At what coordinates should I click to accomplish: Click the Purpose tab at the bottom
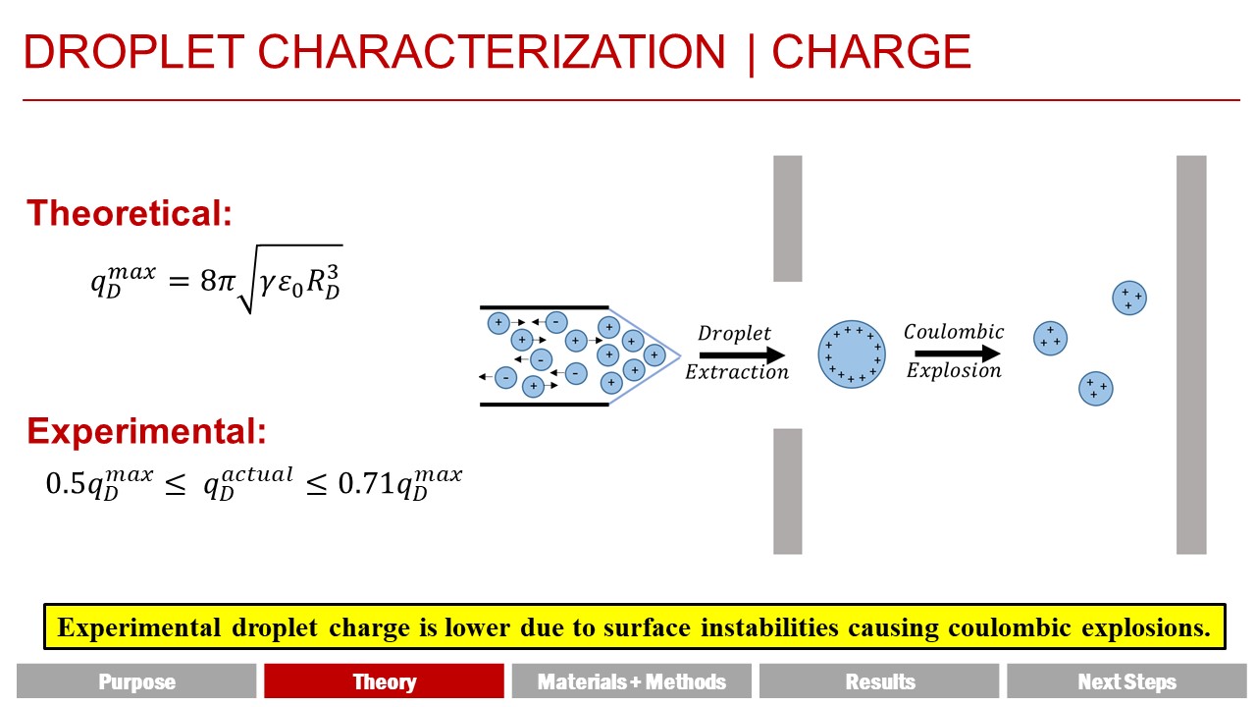pyautogui.click(x=136, y=681)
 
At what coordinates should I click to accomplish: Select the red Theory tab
pyautogui.click(x=384, y=681)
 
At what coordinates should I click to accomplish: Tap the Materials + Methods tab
pyautogui.click(x=631, y=681)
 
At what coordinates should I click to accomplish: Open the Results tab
pyautogui.click(x=879, y=681)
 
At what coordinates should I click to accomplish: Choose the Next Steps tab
pyautogui.click(x=1127, y=681)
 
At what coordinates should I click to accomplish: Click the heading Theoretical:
pyautogui.click(x=130, y=213)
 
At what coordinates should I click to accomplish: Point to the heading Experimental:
pyautogui.click(x=146, y=431)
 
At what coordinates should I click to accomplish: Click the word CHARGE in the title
pyautogui.click(x=871, y=52)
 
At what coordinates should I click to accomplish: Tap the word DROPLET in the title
pyautogui.click(x=133, y=52)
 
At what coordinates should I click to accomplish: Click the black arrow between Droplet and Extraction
pyautogui.click(x=742, y=354)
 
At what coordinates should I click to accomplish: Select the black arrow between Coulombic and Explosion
pyautogui.click(x=958, y=353)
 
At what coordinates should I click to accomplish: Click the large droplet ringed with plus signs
pyautogui.click(x=852, y=354)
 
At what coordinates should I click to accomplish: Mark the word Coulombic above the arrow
pyautogui.click(x=953, y=331)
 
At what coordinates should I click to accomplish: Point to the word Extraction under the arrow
pyautogui.click(x=736, y=371)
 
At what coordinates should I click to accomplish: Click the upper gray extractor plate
pyautogui.click(x=788, y=218)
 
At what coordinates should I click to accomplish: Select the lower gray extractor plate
pyautogui.click(x=788, y=492)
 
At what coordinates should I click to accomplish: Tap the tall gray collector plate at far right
pyautogui.click(x=1191, y=354)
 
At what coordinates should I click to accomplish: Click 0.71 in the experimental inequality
pyautogui.click(x=367, y=484)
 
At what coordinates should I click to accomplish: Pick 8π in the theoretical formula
pyautogui.click(x=217, y=281)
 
